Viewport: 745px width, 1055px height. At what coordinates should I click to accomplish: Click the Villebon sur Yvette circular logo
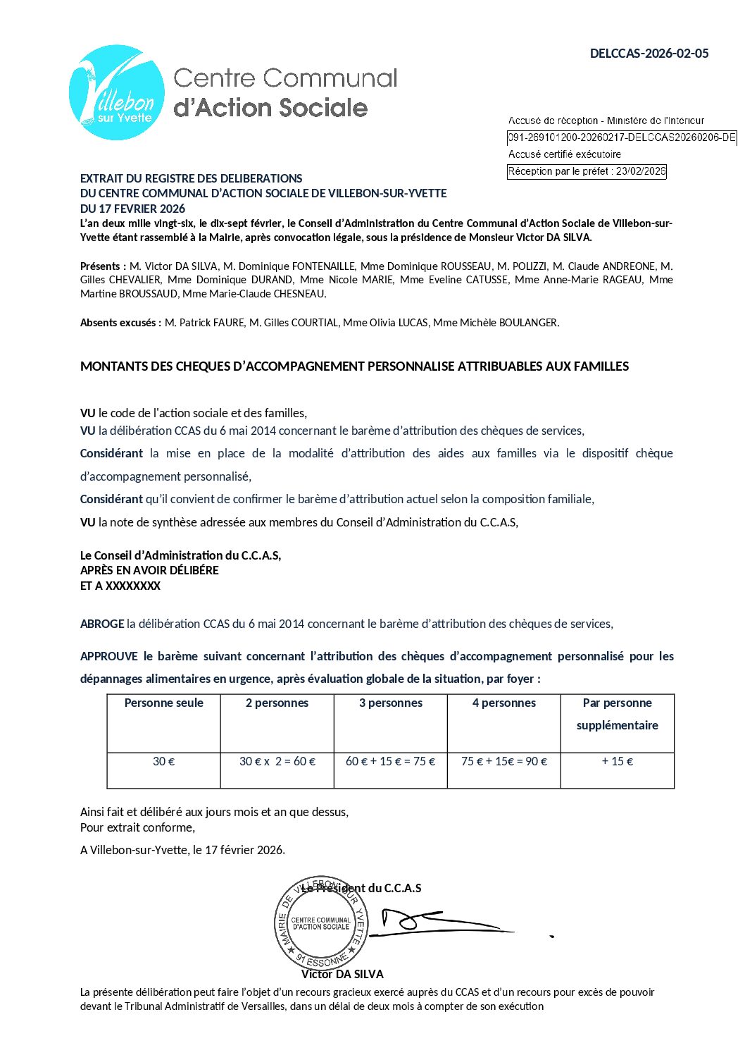[x=117, y=92]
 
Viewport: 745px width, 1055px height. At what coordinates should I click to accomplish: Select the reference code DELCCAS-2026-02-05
[x=649, y=54]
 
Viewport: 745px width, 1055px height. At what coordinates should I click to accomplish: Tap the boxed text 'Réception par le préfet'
[x=587, y=171]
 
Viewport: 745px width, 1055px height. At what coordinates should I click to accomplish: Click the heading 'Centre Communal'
[x=285, y=78]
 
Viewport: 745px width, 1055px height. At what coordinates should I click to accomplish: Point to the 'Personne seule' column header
[x=163, y=703]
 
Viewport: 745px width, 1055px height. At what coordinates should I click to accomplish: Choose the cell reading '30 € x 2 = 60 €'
[x=277, y=762]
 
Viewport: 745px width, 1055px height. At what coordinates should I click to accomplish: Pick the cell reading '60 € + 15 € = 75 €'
[x=390, y=762]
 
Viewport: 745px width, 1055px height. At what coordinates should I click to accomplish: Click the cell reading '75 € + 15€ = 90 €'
[x=504, y=762]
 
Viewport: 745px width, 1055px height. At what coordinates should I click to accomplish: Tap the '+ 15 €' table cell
[x=617, y=762]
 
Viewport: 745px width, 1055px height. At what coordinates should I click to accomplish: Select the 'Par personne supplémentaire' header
[x=617, y=714]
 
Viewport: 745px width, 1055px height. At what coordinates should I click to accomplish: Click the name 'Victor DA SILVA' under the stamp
[x=342, y=975]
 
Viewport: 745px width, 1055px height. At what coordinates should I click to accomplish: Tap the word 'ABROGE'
[x=102, y=624]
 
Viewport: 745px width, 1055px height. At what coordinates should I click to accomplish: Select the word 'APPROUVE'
[x=109, y=657]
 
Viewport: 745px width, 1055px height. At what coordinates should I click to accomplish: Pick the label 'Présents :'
[x=103, y=266]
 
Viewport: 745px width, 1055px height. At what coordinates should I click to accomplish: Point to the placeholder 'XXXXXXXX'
[x=133, y=586]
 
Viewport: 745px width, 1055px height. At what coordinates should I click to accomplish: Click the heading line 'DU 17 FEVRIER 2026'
[x=132, y=209]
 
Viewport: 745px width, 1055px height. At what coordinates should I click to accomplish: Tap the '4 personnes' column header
[x=503, y=703]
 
